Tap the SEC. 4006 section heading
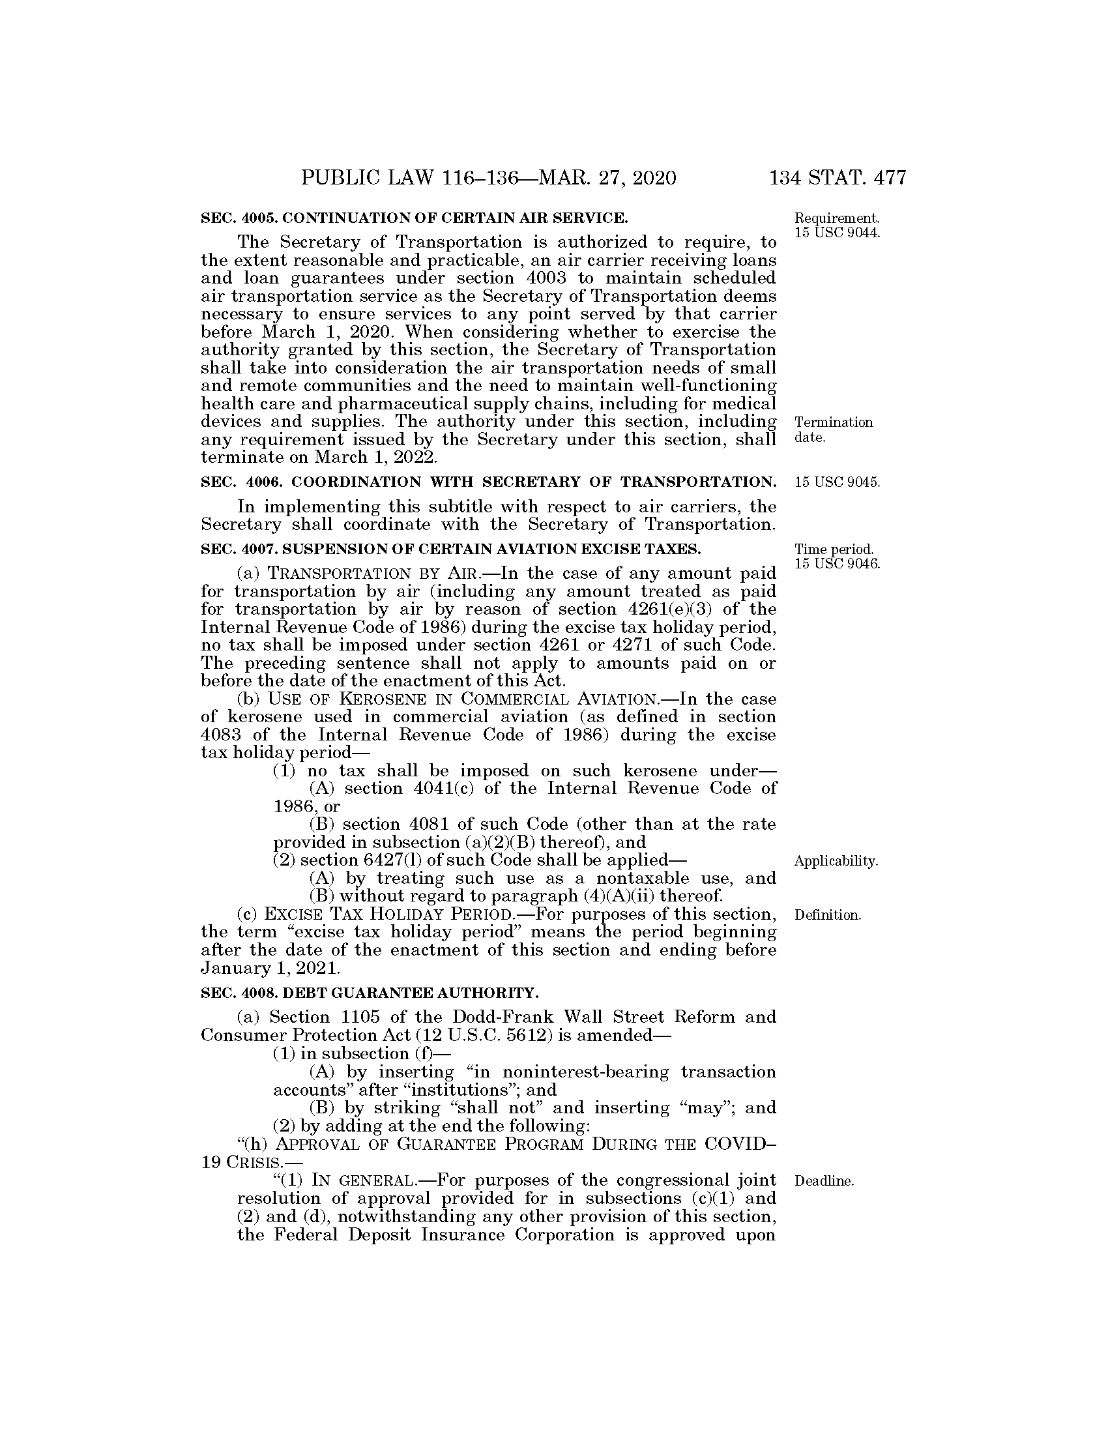[488, 482]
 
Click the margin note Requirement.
[836, 218]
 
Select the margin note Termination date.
[833, 430]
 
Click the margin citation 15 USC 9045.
[837, 482]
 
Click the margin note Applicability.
[836, 861]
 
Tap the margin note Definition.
[827, 915]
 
